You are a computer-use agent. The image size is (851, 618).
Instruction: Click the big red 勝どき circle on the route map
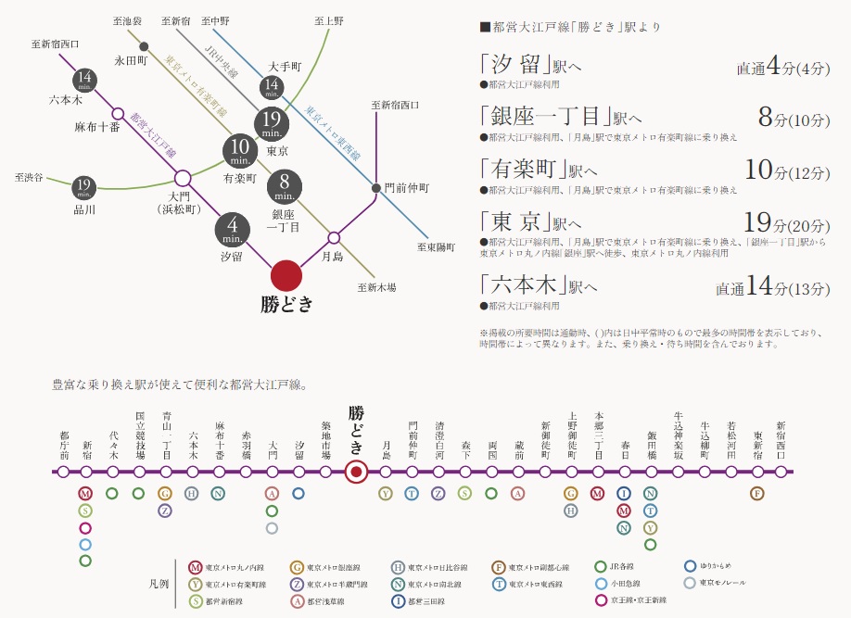point(286,275)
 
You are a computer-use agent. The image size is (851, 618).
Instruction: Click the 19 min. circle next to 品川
point(84,189)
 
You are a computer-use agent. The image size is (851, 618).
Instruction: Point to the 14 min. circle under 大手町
point(272,88)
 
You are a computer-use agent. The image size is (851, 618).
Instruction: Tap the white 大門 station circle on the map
point(183,178)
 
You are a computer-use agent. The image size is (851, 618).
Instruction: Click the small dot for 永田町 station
point(143,46)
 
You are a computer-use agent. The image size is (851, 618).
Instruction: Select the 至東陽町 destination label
point(436,247)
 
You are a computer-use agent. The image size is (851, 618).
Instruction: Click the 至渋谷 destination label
point(31,176)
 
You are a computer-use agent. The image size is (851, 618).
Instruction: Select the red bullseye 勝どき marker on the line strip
point(355,473)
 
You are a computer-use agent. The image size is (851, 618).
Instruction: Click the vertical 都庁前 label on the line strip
point(63,445)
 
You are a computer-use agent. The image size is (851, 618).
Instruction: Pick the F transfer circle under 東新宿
point(757,494)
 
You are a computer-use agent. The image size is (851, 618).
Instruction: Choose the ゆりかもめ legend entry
point(714,566)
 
